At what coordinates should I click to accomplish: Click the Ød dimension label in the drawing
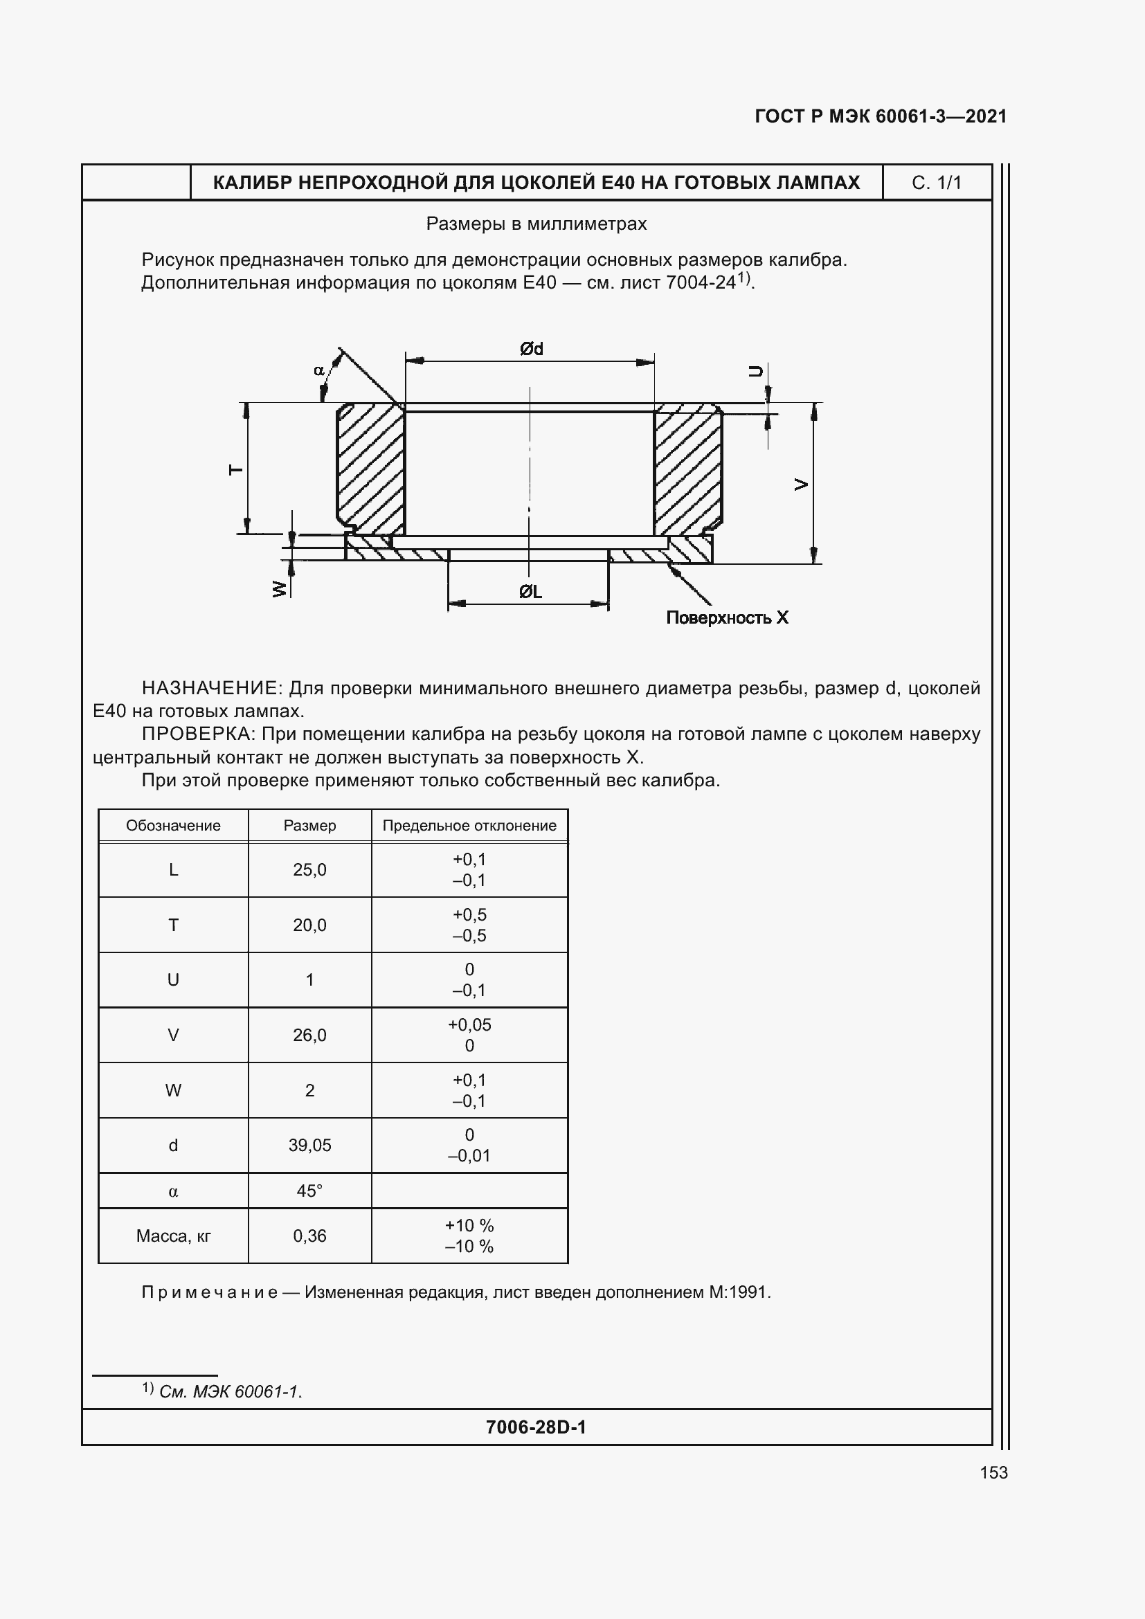click(531, 349)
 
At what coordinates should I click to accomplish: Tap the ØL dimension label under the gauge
click(530, 593)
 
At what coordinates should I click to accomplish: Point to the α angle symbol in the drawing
click(318, 370)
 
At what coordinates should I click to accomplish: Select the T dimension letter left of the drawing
click(237, 469)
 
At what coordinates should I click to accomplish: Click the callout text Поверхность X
click(727, 617)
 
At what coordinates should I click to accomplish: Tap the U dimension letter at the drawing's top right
click(755, 371)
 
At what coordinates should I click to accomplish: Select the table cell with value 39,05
click(309, 1146)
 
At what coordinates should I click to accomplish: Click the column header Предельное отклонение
click(469, 826)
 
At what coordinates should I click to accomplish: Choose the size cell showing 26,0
click(309, 1035)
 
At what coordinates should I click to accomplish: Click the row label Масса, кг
click(173, 1236)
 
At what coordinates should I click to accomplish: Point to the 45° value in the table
click(309, 1191)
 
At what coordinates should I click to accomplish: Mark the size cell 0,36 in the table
click(309, 1236)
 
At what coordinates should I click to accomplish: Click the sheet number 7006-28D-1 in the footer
click(536, 1427)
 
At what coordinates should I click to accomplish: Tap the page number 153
click(993, 1472)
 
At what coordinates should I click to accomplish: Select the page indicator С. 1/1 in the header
click(937, 183)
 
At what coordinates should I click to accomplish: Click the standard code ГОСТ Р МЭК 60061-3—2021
click(881, 116)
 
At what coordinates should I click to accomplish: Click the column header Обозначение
click(173, 826)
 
